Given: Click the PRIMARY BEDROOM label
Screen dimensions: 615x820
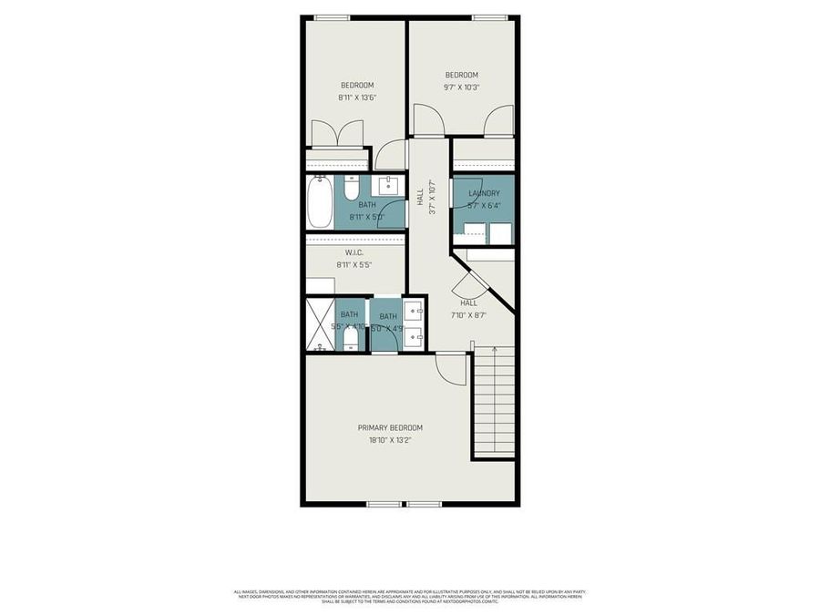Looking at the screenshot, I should pyautogui.click(x=390, y=427).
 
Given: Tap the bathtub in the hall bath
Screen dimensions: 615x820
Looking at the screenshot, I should pyautogui.click(x=320, y=202).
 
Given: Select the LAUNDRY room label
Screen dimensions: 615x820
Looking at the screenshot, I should pyautogui.click(x=484, y=193).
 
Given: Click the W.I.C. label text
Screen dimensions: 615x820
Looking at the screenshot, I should pyautogui.click(x=355, y=252).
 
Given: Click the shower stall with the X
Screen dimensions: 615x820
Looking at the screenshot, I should pyautogui.click(x=320, y=324).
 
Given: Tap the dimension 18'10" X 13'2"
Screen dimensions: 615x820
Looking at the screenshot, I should pyautogui.click(x=390, y=440).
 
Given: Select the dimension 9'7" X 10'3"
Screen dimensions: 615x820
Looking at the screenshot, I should pyautogui.click(x=461, y=87).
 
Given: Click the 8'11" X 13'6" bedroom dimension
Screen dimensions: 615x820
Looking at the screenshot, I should pyautogui.click(x=356, y=97).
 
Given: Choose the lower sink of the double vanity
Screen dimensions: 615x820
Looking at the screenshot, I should pyautogui.click(x=414, y=338).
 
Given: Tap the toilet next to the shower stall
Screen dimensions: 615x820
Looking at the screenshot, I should pyautogui.click(x=351, y=338).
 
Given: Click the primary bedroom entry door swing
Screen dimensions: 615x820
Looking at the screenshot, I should pyautogui.click(x=449, y=368).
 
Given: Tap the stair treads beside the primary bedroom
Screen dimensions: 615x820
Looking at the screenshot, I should pyautogui.click(x=495, y=405).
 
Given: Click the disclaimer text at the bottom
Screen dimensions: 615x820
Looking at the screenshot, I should pyautogui.click(x=410, y=597).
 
